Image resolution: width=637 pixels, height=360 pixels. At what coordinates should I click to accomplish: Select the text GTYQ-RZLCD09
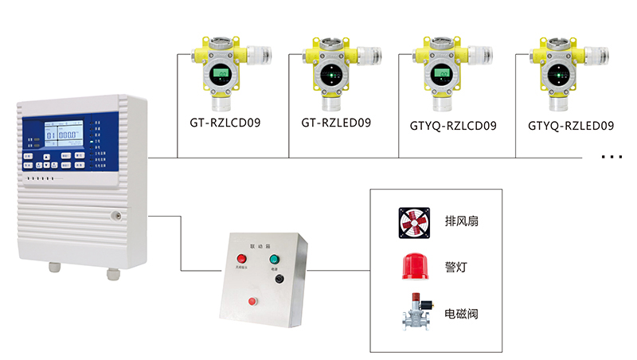[x=452, y=125]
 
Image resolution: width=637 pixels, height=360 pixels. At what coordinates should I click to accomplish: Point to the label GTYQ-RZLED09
[x=571, y=125]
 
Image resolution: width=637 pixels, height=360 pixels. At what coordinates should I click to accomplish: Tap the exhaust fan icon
[x=414, y=221]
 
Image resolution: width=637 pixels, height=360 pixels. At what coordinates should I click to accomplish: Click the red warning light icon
[x=414, y=266]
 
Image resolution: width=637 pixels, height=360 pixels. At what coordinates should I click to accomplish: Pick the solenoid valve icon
[x=414, y=312]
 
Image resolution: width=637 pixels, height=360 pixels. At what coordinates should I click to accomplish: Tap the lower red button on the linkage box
[x=253, y=300]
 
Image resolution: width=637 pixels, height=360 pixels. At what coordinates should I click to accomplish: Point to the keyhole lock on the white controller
[x=115, y=213]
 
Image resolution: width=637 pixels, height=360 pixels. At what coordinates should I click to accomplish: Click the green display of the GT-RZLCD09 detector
[x=220, y=76]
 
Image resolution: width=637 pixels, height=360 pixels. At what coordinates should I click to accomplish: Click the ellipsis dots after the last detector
[x=612, y=157]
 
